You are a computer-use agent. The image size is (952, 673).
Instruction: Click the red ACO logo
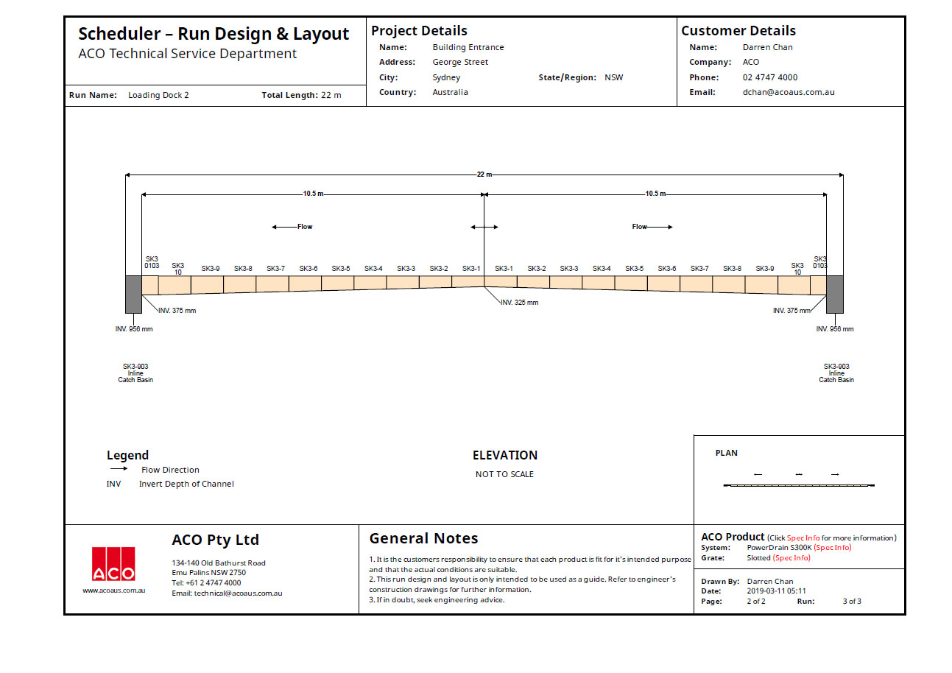(113, 564)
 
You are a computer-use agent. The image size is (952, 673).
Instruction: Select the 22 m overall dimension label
(484, 175)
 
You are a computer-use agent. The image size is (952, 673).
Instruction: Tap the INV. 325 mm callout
(519, 303)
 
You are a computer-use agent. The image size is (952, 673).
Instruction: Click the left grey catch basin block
(133, 294)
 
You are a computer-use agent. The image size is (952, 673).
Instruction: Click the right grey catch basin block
(834, 294)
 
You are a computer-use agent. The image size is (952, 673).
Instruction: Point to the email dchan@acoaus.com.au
(788, 93)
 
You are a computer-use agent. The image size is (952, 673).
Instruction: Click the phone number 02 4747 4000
(769, 77)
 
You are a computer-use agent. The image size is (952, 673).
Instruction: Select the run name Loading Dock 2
(158, 96)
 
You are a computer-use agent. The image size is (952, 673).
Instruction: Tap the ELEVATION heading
(505, 455)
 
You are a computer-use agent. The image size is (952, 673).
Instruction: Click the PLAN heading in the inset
(726, 453)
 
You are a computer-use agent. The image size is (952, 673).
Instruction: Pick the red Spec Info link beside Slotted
(791, 558)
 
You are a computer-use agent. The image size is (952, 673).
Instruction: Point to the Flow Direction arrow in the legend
(119, 469)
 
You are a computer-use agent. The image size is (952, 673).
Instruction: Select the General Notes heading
(423, 538)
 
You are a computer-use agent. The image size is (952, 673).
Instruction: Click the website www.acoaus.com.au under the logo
(113, 591)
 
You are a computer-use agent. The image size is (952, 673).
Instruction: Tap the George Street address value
(460, 63)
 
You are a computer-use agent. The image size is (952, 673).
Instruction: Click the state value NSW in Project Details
(613, 77)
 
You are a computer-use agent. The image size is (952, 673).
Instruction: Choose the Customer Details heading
(738, 31)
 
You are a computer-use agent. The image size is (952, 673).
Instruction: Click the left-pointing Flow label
(304, 227)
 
